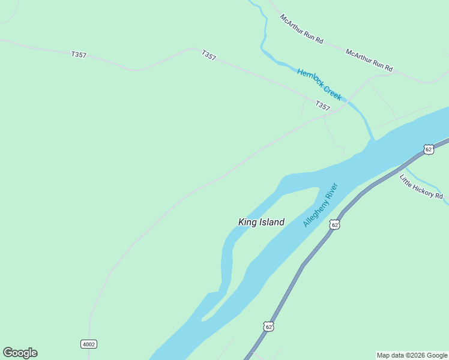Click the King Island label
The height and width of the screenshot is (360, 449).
[261, 222]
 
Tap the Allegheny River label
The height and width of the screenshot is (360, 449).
[321, 205]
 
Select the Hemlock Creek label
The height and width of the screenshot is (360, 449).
[319, 84]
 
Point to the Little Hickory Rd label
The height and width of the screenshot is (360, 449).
[421, 187]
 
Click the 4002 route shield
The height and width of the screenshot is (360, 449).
[88, 344]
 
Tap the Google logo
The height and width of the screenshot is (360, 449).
[20, 353]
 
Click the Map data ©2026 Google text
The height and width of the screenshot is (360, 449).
[412, 355]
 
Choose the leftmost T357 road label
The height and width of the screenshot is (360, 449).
[79, 55]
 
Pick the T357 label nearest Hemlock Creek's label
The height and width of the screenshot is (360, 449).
[322, 106]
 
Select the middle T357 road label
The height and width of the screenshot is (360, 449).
[209, 55]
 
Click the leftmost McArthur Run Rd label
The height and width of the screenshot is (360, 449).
[301, 29]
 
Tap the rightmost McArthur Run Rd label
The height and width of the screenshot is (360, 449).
[369, 60]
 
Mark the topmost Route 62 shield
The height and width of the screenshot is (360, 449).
[428, 149]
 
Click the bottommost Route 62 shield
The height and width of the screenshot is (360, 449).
[268, 326]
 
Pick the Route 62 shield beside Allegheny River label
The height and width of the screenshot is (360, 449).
[334, 224]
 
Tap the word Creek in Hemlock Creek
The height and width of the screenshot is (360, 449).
[331, 92]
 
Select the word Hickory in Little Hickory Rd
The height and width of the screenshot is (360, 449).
[423, 188]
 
